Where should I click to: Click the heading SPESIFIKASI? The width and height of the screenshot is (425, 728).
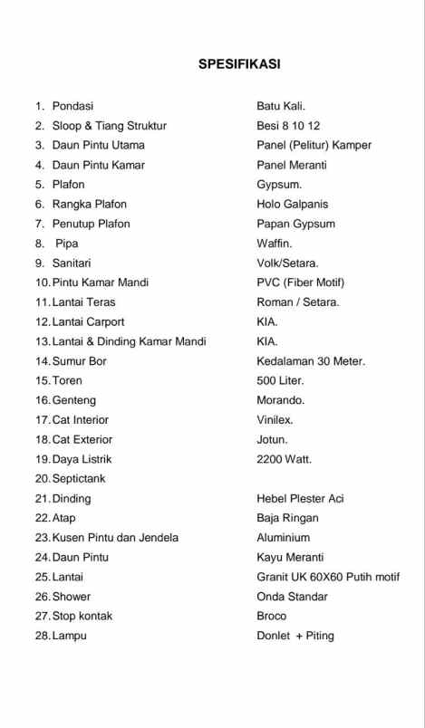[239, 64]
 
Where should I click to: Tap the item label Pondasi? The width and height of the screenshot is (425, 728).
[72, 106]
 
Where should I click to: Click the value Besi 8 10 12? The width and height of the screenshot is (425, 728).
[288, 126]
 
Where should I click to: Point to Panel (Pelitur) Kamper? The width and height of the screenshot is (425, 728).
[314, 145]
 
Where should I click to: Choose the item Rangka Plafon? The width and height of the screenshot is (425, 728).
[90, 204]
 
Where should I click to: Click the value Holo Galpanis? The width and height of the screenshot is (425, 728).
[293, 204]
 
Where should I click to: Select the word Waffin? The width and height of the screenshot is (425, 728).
[275, 244]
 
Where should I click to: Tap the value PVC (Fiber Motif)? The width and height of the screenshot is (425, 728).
[300, 283]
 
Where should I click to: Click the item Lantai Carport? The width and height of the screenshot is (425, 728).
[88, 321]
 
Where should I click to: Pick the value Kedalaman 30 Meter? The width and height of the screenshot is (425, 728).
[311, 361]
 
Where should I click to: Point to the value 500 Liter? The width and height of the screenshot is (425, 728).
[281, 380]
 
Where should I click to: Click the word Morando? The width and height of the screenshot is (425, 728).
[281, 400]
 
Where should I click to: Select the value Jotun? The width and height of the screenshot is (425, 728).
[272, 439]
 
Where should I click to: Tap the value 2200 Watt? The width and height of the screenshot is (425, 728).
[284, 459]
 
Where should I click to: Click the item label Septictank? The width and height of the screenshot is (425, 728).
[84, 478]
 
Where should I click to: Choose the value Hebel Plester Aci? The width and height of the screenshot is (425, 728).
[300, 498]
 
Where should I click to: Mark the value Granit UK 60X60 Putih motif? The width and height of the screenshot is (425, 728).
[328, 577]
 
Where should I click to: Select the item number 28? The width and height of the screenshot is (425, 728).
[42, 636]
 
